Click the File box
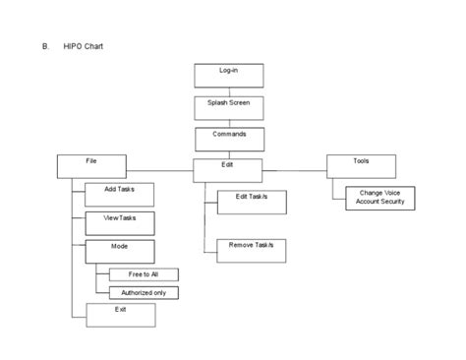(x=90, y=164)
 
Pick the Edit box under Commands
(x=226, y=169)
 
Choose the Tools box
(x=361, y=164)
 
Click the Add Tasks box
(x=120, y=193)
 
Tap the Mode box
(x=120, y=250)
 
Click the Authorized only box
(x=144, y=292)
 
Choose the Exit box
(x=120, y=315)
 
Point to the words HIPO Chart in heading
(x=96, y=45)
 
